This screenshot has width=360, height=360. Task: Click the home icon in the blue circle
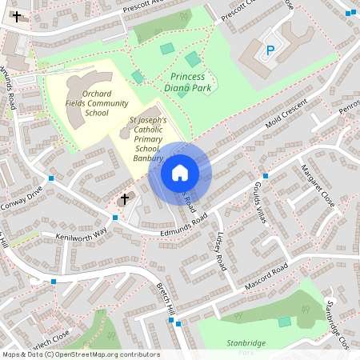pyautogui.click(x=180, y=172)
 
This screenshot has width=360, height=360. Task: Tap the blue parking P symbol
pyautogui.click(x=270, y=50)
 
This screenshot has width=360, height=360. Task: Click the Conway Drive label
pyautogui.click(x=23, y=198)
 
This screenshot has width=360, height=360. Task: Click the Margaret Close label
pyautogui.click(x=317, y=186)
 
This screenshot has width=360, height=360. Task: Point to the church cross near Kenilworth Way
pyautogui.click(x=124, y=198)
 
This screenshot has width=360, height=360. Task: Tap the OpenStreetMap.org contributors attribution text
pyautogui.click(x=109, y=354)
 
